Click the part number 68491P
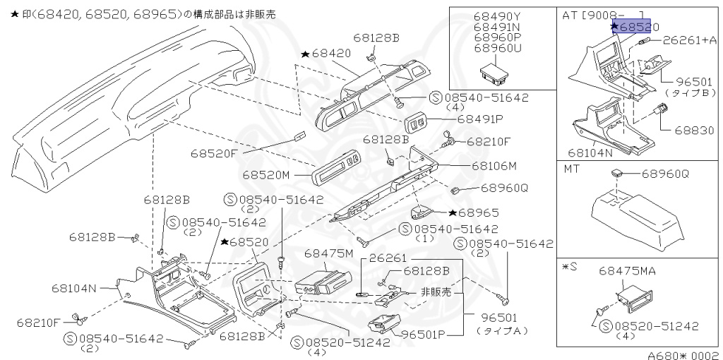click(x=481, y=119)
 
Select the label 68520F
click(x=214, y=152)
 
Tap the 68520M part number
click(x=266, y=174)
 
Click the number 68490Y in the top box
click(x=497, y=16)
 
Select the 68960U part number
click(x=497, y=47)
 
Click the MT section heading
click(x=571, y=169)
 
